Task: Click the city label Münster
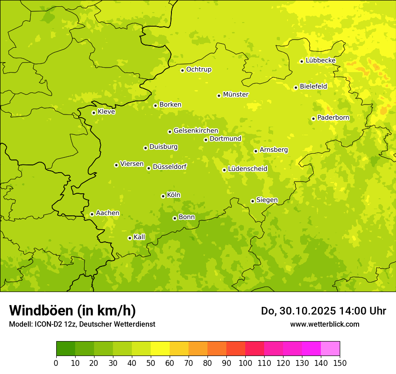click(x=236, y=95)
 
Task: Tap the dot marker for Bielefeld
click(x=296, y=87)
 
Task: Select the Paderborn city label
click(x=333, y=118)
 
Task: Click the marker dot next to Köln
click(x=163, y=196)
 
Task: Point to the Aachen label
click(x=108, y=213)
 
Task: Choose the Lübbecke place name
click(x=320, y=60)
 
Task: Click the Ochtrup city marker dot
click(x=182, y=70)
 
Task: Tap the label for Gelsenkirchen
click(x=196, y=131)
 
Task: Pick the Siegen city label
click(x=267, y=200)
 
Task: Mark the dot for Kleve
click(x=94, y=113)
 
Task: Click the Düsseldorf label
click(x=170, y=167)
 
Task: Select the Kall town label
click(x=139, y=237)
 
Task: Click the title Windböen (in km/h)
click(x=72, y=310)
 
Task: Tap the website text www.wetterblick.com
click(x=324, y=324)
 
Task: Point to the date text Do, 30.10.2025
click(x=299, y=310)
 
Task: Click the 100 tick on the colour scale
click(x=245, y=363)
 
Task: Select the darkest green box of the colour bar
click(x=66, y=349)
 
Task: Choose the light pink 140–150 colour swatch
click(x=330, y=349)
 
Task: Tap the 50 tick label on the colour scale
click(x=151, y=363)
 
